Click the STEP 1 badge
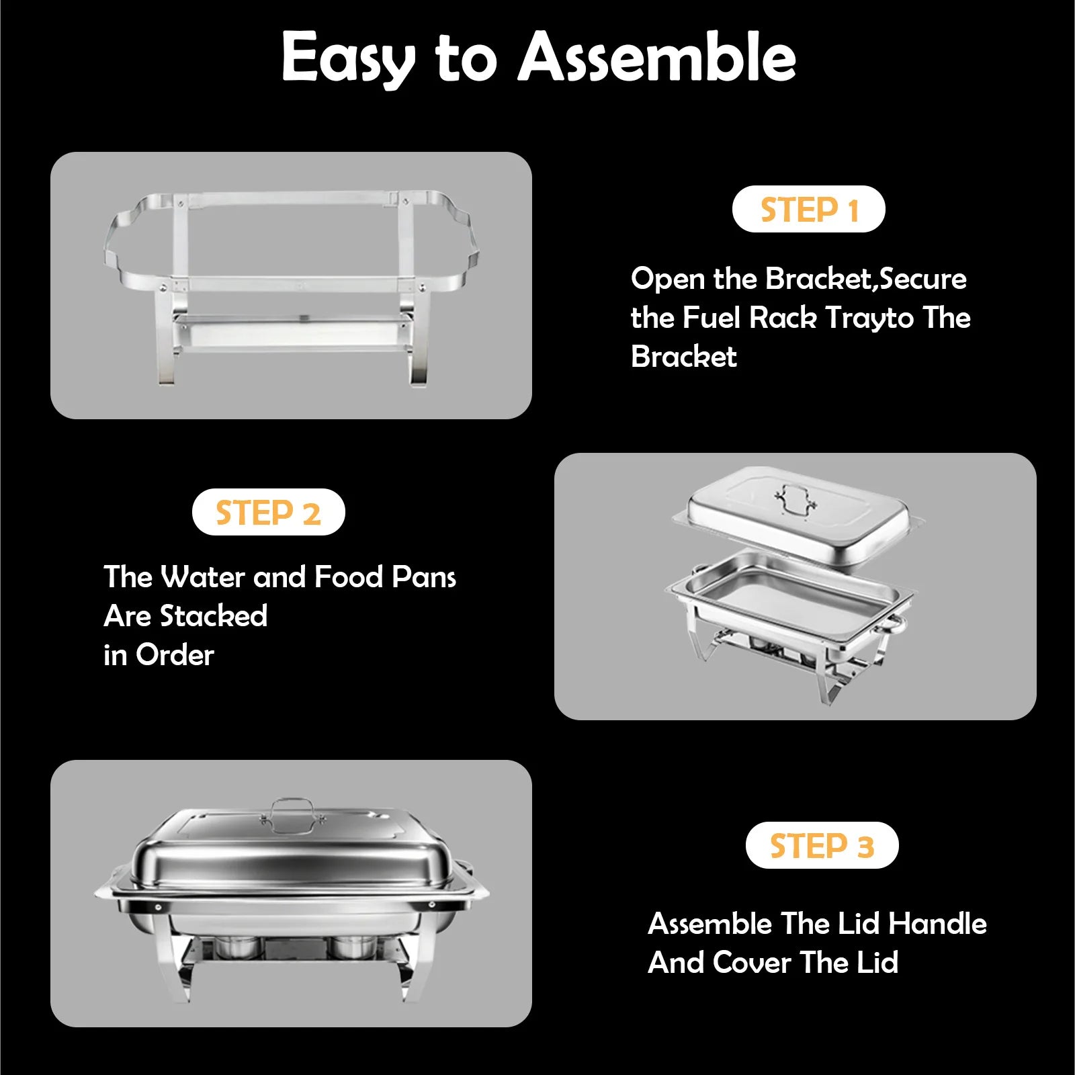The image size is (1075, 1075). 808,209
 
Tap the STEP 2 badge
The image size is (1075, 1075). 268,512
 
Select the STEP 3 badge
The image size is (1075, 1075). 822,845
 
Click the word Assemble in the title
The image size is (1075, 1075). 657,58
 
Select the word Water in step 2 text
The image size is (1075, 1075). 203,577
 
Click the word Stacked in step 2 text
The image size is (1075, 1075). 214,615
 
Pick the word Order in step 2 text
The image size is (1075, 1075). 175,654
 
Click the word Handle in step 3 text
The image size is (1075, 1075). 937,923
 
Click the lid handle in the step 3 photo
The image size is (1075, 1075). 292,809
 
